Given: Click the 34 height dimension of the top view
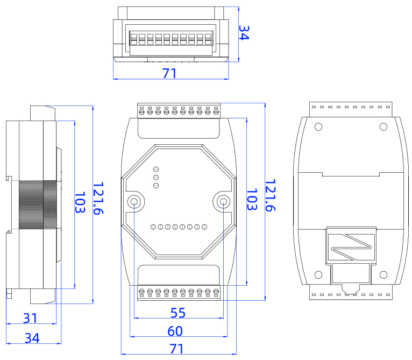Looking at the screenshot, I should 243,33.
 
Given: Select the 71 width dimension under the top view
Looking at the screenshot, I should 169,74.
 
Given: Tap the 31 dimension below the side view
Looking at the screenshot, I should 30,318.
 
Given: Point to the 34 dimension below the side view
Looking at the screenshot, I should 32,338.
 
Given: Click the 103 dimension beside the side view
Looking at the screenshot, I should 80,203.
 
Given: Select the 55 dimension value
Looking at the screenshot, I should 178,312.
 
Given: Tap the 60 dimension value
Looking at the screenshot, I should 175,331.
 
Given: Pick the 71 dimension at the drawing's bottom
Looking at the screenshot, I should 176,349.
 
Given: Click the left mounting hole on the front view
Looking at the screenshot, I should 134,202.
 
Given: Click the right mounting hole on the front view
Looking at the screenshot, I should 223,202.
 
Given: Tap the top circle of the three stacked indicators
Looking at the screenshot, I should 156,168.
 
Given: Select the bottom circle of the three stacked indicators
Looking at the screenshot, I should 156,186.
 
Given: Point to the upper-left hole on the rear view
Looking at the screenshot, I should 318,127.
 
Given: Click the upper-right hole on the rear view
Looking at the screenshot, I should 383,126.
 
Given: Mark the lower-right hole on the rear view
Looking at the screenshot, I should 383,274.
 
